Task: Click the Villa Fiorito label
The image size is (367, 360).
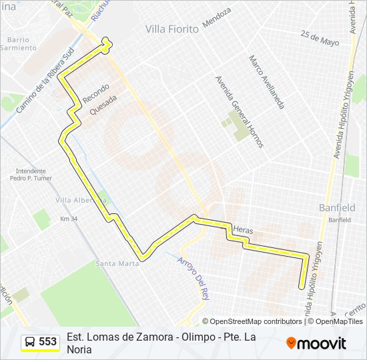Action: [172, 29]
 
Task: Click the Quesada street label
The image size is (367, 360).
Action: [103, 105]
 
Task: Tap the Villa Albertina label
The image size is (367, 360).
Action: [80, 200]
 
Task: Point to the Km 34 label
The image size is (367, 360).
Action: [69, 219]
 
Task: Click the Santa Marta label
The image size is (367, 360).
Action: [117, 263]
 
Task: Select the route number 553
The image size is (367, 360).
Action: [47, 341]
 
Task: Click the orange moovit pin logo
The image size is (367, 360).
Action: [291, 343]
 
